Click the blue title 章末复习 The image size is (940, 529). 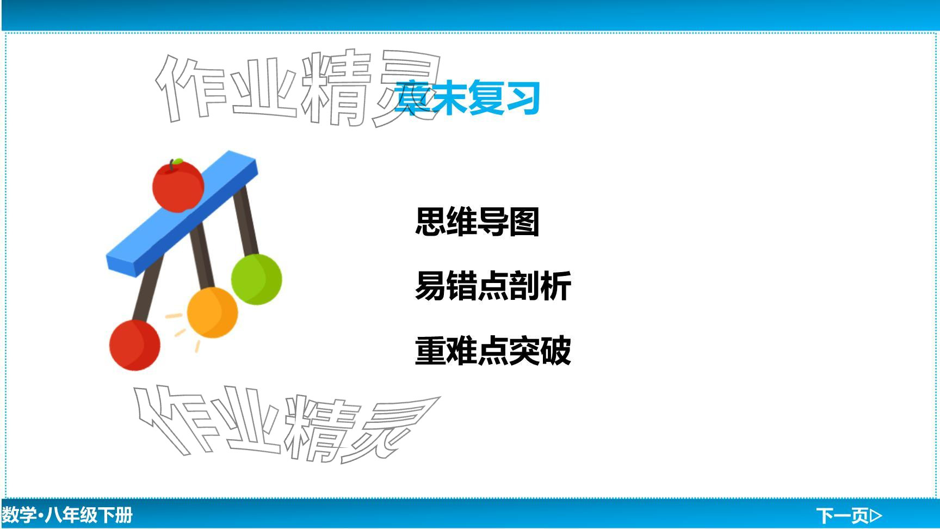coord(467,98)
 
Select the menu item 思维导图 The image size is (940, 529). coord(477,222)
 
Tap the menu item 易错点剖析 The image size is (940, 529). coord(493,286)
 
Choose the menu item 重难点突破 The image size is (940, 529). coord(493,350)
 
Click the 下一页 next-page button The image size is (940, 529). coord(849,515)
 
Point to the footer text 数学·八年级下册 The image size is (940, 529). coord(67,515)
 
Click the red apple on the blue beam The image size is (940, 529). coord(178,185)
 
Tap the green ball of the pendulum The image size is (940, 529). coord(256,279)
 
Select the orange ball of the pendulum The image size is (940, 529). coord(212,312)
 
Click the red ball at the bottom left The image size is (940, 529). coord(135,345)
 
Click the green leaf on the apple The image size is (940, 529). coord(177,162)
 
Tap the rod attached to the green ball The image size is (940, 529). coord(246,220)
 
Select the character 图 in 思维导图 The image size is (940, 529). coord(524,222)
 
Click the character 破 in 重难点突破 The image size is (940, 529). coord(556,350)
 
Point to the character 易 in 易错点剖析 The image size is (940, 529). coord(430,286)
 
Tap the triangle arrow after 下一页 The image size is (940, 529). coord(876,515)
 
